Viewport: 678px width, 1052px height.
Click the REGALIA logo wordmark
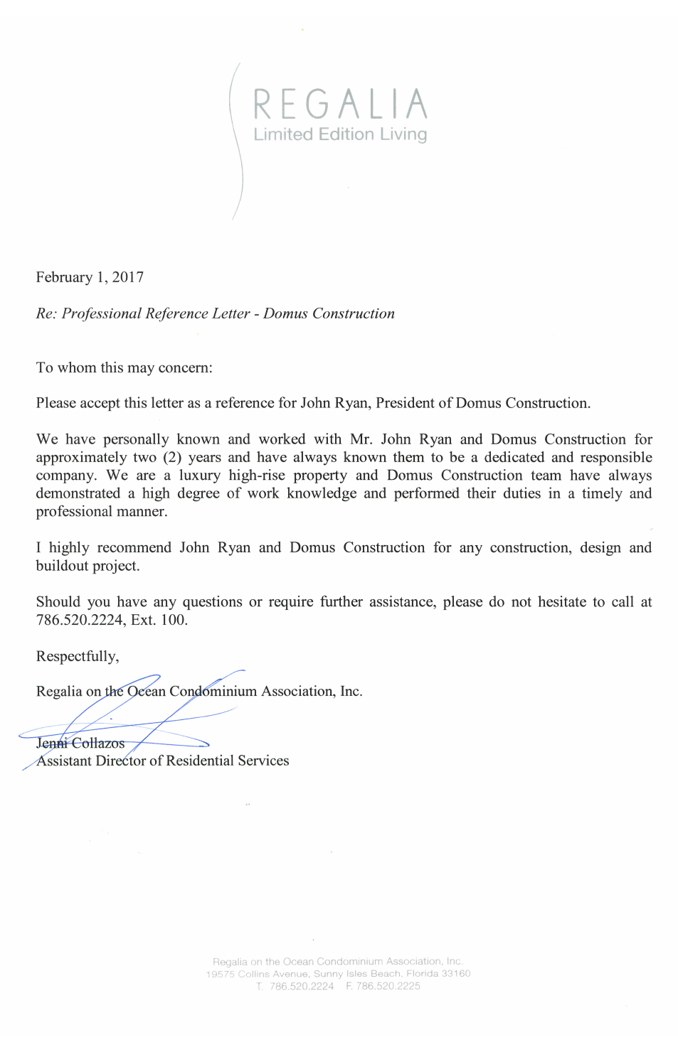[340, 104]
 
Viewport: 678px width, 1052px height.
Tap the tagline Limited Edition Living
[340, 134]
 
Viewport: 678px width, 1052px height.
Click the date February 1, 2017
[90, 277]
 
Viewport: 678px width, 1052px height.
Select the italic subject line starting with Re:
[215, 313]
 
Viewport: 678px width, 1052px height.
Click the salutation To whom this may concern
[124, 367]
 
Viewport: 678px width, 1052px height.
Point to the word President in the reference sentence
[404, 403]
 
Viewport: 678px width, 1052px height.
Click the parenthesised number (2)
[171, 457]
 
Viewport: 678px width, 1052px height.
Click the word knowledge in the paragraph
[322, 493]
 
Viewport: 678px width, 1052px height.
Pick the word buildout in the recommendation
[63, 566]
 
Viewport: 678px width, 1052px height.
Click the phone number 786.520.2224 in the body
[79, 620]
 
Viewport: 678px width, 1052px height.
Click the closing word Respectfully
[77, 656]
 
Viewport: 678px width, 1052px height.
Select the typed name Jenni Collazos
[80, 743]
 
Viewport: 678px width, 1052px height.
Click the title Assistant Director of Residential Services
[162, 761]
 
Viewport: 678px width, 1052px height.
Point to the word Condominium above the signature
[213, 691]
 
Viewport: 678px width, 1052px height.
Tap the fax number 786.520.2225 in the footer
[388, 986]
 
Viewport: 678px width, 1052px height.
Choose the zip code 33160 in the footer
[456, 974]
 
